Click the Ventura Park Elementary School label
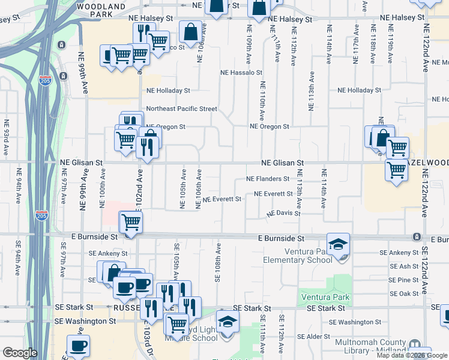[298, 255]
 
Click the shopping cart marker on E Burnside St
[130, 223]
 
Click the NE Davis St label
[283, 213]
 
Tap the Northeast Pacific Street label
[181, 109]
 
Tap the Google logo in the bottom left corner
[20, 352]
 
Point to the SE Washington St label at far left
[85, 321]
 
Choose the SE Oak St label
[404, 293]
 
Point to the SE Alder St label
[344, 337]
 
